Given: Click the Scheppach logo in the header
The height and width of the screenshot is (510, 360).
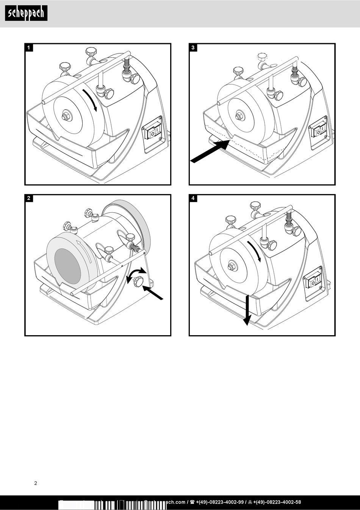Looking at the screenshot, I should tap(26, 13).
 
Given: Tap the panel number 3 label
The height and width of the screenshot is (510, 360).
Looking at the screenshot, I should tap(193, 48).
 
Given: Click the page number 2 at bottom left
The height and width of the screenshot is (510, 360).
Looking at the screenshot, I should tap(36, 483).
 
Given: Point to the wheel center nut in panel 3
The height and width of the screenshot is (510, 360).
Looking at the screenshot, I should tap(239, 116).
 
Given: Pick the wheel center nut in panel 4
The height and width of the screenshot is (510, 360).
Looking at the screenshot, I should tap(232, 266).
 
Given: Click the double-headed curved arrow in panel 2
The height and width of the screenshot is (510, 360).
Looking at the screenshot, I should tap(136, 273).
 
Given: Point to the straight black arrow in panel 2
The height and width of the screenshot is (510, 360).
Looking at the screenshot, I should tap(153, 292).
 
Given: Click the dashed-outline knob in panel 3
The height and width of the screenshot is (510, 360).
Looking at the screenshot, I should tap(261, 56).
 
